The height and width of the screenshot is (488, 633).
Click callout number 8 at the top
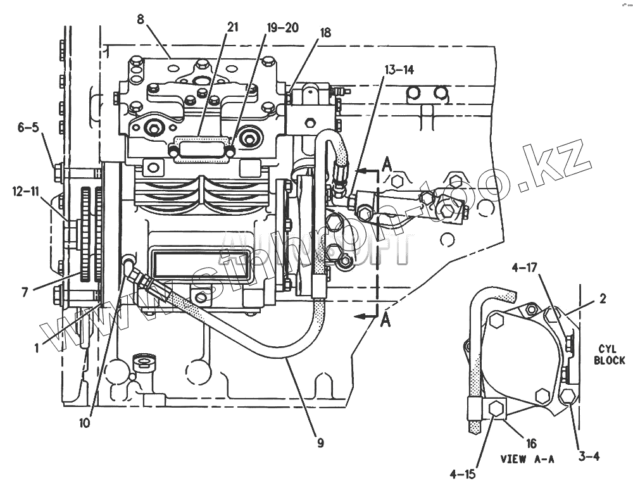(x=140, y=19)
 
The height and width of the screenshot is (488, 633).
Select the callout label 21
(x=232, y=27)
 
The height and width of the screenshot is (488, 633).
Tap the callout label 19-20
(x=282, y=28)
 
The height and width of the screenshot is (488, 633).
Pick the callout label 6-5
(x=28, y=127)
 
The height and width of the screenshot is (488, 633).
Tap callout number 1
(x=37, y=346)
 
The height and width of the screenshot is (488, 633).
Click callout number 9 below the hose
(x=320, y=443)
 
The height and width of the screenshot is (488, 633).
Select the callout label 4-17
(x=525, y=268)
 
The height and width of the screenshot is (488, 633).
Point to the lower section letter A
(x=385, y=320)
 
